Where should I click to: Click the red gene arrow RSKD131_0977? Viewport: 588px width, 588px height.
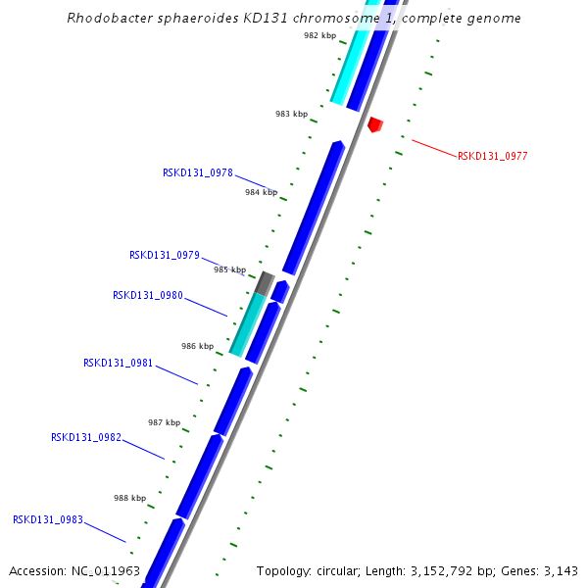click(374, 124)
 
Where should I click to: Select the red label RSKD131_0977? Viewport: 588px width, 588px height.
click(493, 156)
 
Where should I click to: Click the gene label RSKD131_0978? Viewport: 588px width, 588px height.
click(198, 172)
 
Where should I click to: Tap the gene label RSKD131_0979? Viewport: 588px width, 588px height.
click(165, 255)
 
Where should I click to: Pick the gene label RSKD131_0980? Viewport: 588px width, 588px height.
click(148, 295)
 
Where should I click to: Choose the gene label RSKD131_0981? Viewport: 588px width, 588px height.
click(119, 363)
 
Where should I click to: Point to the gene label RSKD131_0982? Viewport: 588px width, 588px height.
click(86, 437)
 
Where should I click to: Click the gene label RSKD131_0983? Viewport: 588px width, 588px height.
click(48, 519)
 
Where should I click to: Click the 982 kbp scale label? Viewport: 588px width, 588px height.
click(319, 35)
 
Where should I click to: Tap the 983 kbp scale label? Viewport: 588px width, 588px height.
click(291, 115)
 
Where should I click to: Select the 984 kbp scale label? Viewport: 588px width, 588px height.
click(261, 192)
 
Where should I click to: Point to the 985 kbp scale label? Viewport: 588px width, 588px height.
click(229, 269)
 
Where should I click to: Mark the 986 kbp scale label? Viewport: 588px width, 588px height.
click(197, 346)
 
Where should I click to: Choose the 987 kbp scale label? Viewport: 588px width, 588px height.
click(164, 422)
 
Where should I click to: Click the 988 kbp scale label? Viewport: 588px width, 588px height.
click(129, 498)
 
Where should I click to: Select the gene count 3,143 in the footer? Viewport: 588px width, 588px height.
click(561, 570)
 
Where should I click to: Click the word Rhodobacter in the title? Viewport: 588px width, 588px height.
click(107, 18)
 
